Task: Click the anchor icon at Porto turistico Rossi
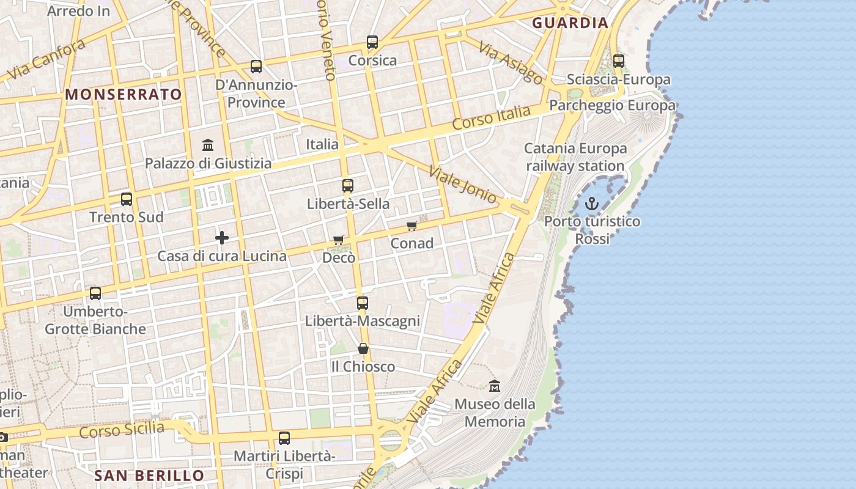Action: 591,204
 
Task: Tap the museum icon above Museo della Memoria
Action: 495,386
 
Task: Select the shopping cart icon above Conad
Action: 412,226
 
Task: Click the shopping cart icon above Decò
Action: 339,240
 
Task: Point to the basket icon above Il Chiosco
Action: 363,348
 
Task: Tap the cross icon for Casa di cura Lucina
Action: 222,237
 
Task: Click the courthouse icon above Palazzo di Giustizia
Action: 208,145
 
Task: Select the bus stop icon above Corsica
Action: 372,42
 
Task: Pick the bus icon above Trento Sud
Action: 127,199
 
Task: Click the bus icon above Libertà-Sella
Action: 348,186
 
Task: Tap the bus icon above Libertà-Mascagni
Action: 363,303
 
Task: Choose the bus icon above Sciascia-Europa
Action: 619,61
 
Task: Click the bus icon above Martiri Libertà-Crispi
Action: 284,438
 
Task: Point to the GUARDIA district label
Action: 570,23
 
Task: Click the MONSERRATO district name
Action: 124,94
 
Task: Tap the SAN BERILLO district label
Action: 149,476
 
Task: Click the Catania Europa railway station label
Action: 575,157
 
